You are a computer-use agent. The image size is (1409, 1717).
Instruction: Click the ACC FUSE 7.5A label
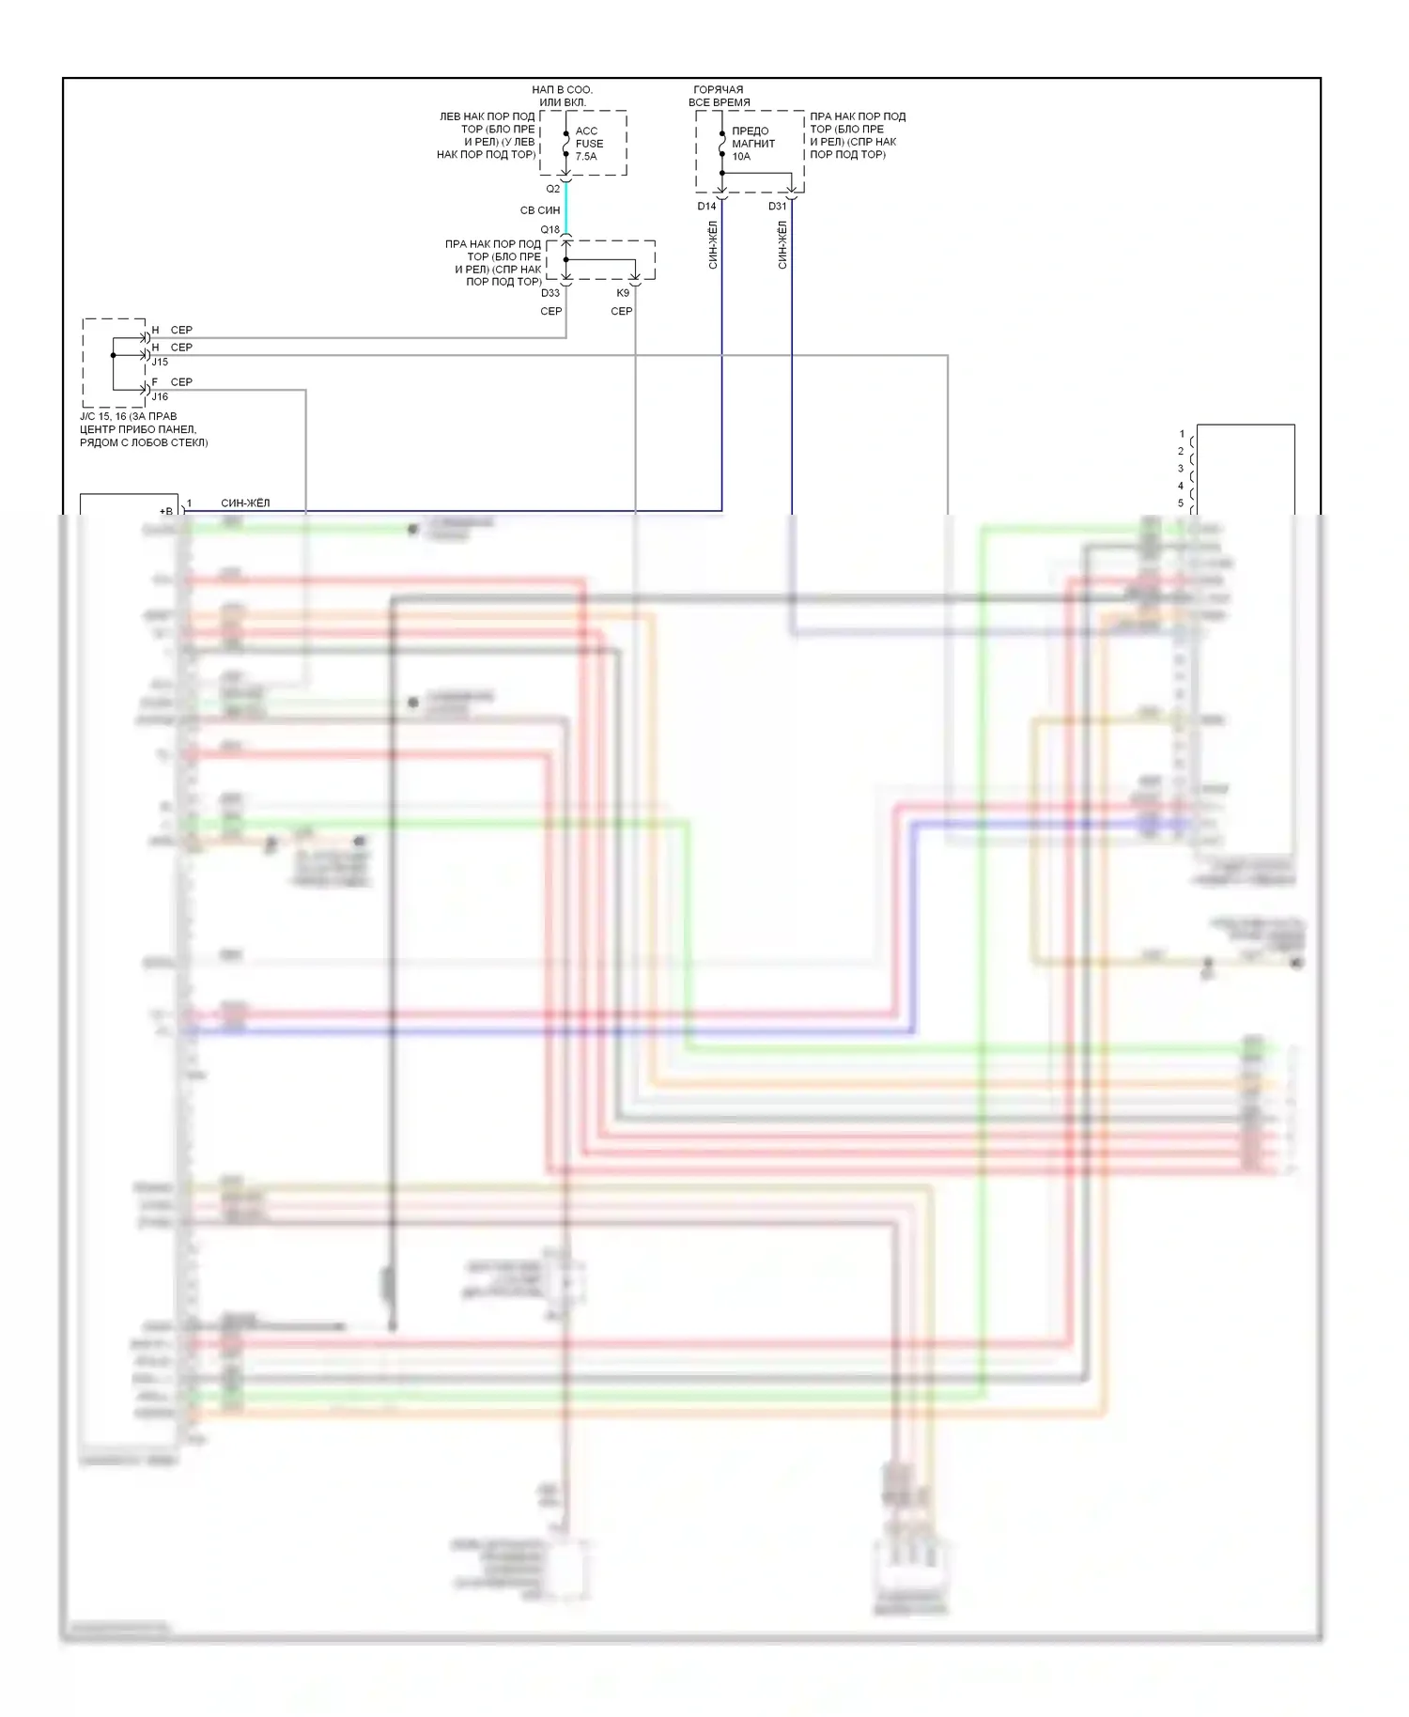(x=589, y=144)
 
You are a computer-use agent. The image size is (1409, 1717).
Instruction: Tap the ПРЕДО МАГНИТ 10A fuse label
(x=752, y=144)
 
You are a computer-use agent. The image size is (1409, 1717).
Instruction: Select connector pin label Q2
(x=553, y=189)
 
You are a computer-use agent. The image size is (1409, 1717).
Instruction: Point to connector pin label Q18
(x=550, y=229)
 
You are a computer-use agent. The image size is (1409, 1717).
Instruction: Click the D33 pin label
(x=550, y=293)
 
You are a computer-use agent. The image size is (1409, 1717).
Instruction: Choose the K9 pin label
(x=623, y=293)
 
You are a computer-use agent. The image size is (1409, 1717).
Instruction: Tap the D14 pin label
(x=706, y=206)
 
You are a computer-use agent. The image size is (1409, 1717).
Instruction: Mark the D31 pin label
(x=777, y=206)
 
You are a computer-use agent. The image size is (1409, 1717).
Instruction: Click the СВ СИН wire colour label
(x=540, y=210)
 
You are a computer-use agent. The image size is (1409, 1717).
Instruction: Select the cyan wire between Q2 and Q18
(x=566, y=209)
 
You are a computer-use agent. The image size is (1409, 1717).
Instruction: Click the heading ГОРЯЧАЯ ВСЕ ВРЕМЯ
(x=719, y=96)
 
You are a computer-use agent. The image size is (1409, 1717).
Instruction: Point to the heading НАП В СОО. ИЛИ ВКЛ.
(x=562, y=96)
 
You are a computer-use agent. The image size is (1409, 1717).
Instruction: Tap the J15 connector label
(x=161, y=362)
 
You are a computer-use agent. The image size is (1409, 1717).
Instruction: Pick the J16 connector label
(x=161, y=396)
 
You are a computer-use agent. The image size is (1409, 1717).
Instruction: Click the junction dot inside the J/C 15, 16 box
(x=114, y=355)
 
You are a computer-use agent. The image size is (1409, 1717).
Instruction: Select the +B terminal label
(x=166, y=511)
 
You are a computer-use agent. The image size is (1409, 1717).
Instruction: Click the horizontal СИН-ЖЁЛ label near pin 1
(x=245, y=503)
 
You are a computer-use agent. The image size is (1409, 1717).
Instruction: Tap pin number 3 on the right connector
(x=1181, y=469)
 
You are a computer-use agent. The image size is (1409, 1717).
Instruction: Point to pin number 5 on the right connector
(x=1181, y=503)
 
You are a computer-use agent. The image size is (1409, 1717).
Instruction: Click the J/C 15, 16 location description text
(x=144, y=429)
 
